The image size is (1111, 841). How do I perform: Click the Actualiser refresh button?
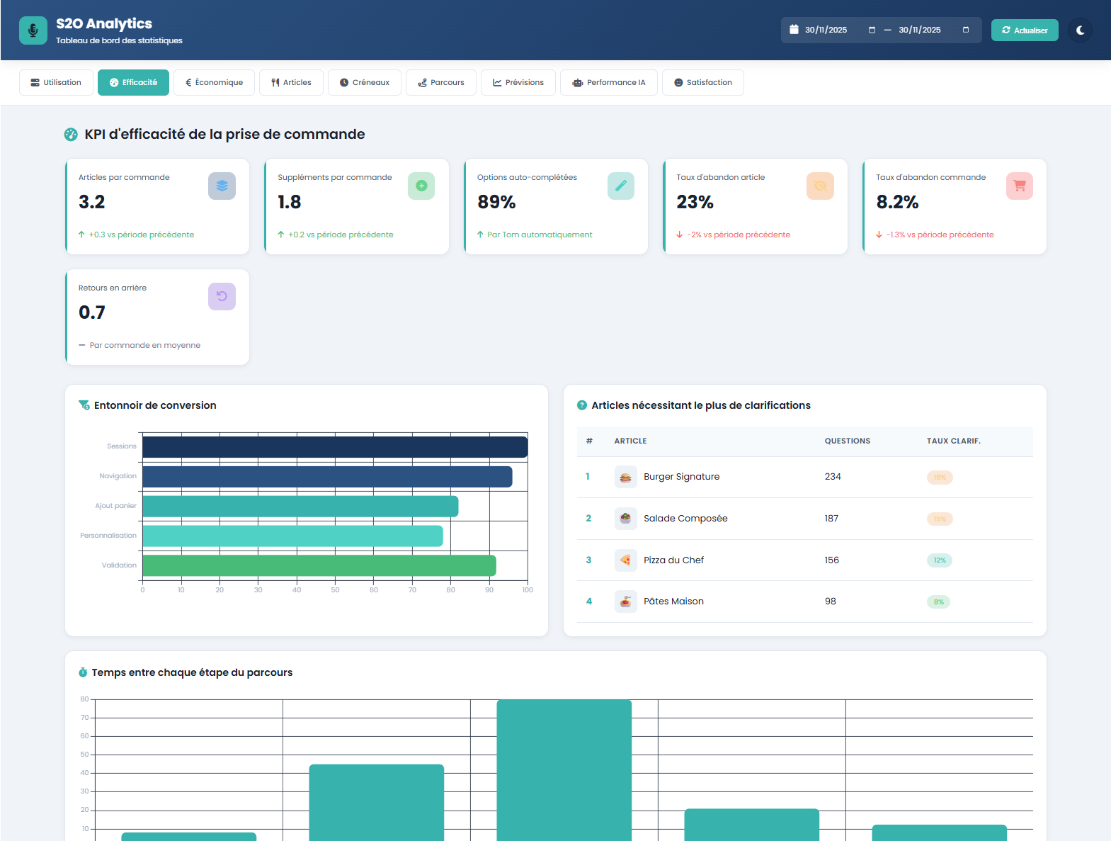tap(1024, 30)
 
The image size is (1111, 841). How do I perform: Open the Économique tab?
tap(214, 82)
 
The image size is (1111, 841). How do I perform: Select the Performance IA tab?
tap(609, 82)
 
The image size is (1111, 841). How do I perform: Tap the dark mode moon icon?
tap(1080, 30)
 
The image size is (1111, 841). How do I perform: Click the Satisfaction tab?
tap(702, 82)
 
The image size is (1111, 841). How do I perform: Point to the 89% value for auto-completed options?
tap(496, 202)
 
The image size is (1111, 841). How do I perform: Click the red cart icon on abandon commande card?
tap(1019, 186)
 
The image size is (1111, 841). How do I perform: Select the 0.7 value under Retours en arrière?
tap(92, 312)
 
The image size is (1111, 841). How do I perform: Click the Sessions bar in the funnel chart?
tap(334, 447)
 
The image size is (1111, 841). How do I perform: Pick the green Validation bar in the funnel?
tap(319, 565)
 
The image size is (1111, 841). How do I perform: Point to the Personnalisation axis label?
tap(108, 536)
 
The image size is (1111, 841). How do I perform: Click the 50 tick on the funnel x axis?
tap(335, 590)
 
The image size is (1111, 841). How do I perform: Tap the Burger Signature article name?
tap(681, 477)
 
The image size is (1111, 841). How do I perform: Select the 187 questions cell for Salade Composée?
tap(831, 519)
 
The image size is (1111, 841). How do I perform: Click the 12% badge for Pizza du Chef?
tap(939, 560)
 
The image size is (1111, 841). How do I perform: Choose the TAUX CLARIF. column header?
tap(953, 441)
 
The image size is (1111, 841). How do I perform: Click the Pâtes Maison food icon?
tap(625, 602)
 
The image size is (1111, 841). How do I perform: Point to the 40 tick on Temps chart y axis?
tap(85, 773)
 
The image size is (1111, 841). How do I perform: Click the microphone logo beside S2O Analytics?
tap(33, 30)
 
